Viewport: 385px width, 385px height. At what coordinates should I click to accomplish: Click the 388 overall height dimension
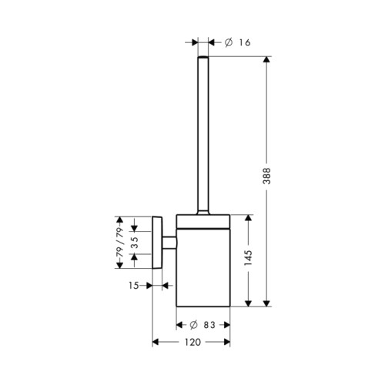pos(267,176)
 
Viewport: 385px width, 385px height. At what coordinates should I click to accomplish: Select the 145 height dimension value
pos(248,258)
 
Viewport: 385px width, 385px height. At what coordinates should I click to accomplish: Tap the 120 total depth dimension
pos(192,342)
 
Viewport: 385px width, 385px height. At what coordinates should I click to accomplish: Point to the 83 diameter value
pos(209,325)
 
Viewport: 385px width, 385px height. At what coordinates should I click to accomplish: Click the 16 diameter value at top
pos(245,42)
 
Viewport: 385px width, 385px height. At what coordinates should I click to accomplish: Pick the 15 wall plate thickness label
pos(133,286)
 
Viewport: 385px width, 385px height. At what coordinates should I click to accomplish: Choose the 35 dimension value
pos(134,243)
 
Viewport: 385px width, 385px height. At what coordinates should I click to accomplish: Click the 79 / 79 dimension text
pos(119,243)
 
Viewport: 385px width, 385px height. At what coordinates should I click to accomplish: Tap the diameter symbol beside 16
pos(229,42)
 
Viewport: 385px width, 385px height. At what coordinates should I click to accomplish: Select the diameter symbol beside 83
pos(193,325)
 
